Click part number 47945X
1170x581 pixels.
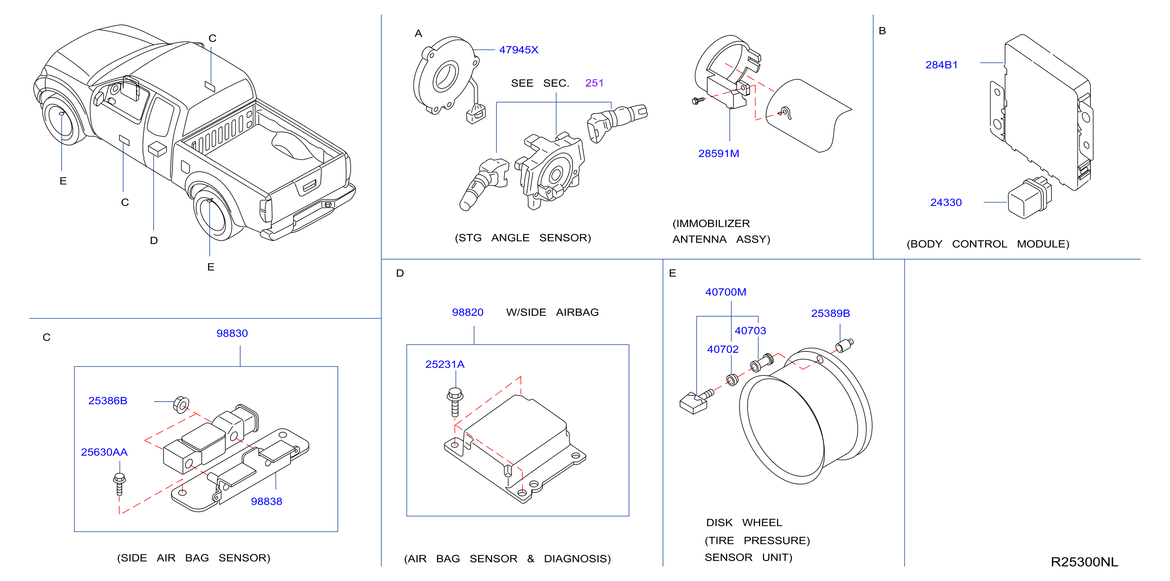point(518,50)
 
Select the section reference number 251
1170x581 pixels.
point(594,83)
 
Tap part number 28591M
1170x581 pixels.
point(719,153)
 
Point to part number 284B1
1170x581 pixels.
point(942,65)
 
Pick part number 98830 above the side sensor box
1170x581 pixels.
point(232,333)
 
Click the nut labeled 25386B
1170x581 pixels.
point(181,404)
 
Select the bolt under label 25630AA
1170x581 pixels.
point(119,484)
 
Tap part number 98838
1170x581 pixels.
point(266,502)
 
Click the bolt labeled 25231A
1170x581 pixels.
point(455,401)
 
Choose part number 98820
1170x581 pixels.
point(467,312)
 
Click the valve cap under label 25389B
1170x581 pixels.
point(844,346)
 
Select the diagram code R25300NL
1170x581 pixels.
point(1084,562)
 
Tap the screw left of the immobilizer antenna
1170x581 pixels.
point(698,100)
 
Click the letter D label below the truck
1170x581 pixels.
point(154,240)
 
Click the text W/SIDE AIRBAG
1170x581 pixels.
point(552,312)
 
